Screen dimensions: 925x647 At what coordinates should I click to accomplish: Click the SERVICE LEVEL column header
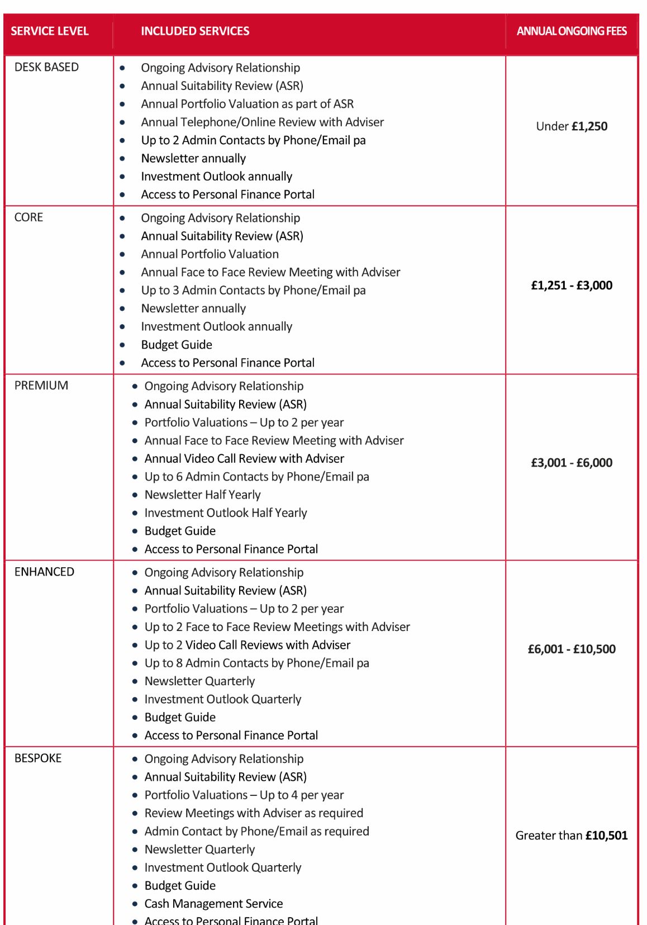click(50, 31)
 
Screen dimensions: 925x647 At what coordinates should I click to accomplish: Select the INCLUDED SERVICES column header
click(195, 31)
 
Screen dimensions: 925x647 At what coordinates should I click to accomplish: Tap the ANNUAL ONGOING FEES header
click(572, 31)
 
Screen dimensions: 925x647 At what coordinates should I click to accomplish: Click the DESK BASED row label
click(46, 67)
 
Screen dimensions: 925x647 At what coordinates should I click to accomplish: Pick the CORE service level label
click(28, 217)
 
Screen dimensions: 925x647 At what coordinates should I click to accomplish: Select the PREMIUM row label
click(41, 386)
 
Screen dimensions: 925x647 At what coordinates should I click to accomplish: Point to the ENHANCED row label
click(44, 572)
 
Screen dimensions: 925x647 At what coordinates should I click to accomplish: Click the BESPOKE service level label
click(38, 758)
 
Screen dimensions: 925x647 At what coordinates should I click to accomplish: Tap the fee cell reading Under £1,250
click(572, 126)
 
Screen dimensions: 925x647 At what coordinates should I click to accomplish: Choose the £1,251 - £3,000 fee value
click(572, 286)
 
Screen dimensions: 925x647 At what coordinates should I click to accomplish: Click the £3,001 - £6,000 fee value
click(572, 463)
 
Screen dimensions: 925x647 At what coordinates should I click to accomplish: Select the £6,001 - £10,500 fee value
click(572, 649)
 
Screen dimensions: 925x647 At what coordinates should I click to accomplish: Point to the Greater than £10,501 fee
click(572, 836)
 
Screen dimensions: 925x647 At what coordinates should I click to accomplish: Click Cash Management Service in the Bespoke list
click(213, 904)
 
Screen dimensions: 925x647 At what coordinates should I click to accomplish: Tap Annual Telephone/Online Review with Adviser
click(262, 122)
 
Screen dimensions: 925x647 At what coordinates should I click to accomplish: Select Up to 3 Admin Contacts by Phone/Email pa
click(253, 290)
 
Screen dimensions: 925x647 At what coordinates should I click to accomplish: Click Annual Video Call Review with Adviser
click(244, 459)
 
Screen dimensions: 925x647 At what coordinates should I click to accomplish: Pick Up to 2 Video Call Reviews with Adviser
click(248, 645)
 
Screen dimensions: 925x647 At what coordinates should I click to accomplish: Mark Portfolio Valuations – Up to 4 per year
click(244, 795)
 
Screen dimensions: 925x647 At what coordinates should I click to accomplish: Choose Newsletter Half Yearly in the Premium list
click(202, 495)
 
